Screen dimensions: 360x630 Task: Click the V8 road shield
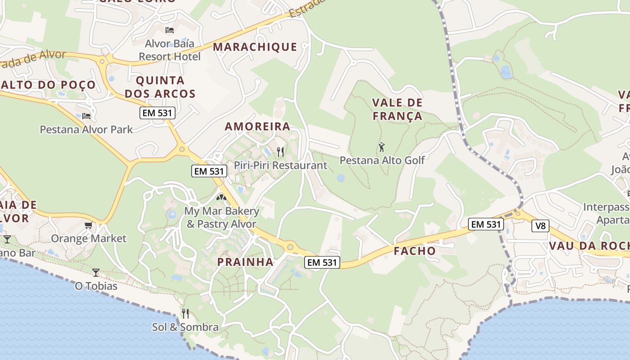pos(540,225)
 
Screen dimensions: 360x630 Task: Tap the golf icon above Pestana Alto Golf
pos(382,147)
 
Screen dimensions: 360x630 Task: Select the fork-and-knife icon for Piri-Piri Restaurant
pos(280,152)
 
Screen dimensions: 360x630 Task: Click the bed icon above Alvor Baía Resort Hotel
pos(170,30)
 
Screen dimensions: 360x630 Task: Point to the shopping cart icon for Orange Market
pos(89,225)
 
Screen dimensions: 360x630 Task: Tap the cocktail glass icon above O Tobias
pos(95,272)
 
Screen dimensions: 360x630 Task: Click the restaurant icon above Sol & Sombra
pos(185,313)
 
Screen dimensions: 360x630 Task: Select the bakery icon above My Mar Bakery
pos(220,197)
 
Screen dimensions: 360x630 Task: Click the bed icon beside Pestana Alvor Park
pos(86,116)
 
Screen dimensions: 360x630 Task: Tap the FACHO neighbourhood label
pos(414,251)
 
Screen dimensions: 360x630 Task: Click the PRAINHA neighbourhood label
pos(245,262)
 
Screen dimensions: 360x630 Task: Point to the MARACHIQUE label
pos(255,47)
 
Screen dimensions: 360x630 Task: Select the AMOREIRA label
pos(257,126)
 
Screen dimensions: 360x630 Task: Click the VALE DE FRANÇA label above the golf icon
pos(397,109)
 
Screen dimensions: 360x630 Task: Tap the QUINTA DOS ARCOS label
pos(160,87)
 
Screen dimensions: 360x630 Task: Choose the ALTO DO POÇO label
pos(48,85)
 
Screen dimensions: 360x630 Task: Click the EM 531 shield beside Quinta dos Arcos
pos(157,113)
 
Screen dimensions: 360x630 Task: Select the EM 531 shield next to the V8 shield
pos(485,224)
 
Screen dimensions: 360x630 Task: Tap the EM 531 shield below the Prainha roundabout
pos(322,262)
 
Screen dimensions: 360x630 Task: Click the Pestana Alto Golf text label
pos(382,160)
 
